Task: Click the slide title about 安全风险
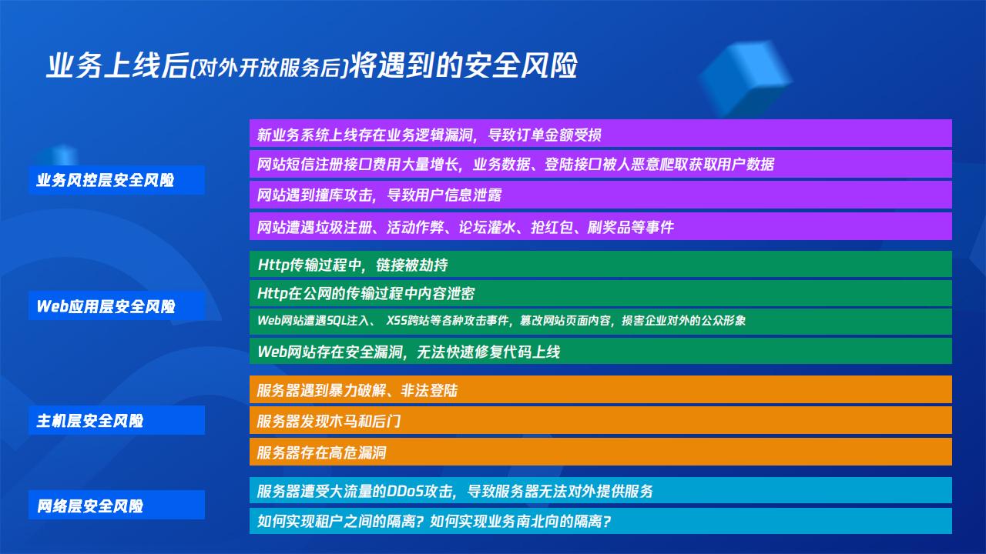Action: tap(312, 66)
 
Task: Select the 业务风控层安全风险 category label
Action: tap(116, 180)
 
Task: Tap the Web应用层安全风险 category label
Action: tap(116, 306)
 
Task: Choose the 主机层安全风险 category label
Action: tap(116, 420)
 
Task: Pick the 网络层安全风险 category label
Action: tap(116, 506)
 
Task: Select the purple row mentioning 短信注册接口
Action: tap(600, 164)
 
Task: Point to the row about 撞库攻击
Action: tap(600, 195)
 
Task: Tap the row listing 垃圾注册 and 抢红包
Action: tap(600, 226)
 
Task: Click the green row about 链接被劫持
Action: tap(600, 264)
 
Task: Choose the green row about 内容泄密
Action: tap(600, 293)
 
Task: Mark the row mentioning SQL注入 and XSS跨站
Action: tap(600, 322)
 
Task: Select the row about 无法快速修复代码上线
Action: tap(600, 351)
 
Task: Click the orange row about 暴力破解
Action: tap(600, 389)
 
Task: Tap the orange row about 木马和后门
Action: tap(600, 420)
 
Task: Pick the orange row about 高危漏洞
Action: tap(600, 452)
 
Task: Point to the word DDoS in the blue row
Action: tap(405, 491)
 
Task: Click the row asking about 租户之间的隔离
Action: tap(600, 521)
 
